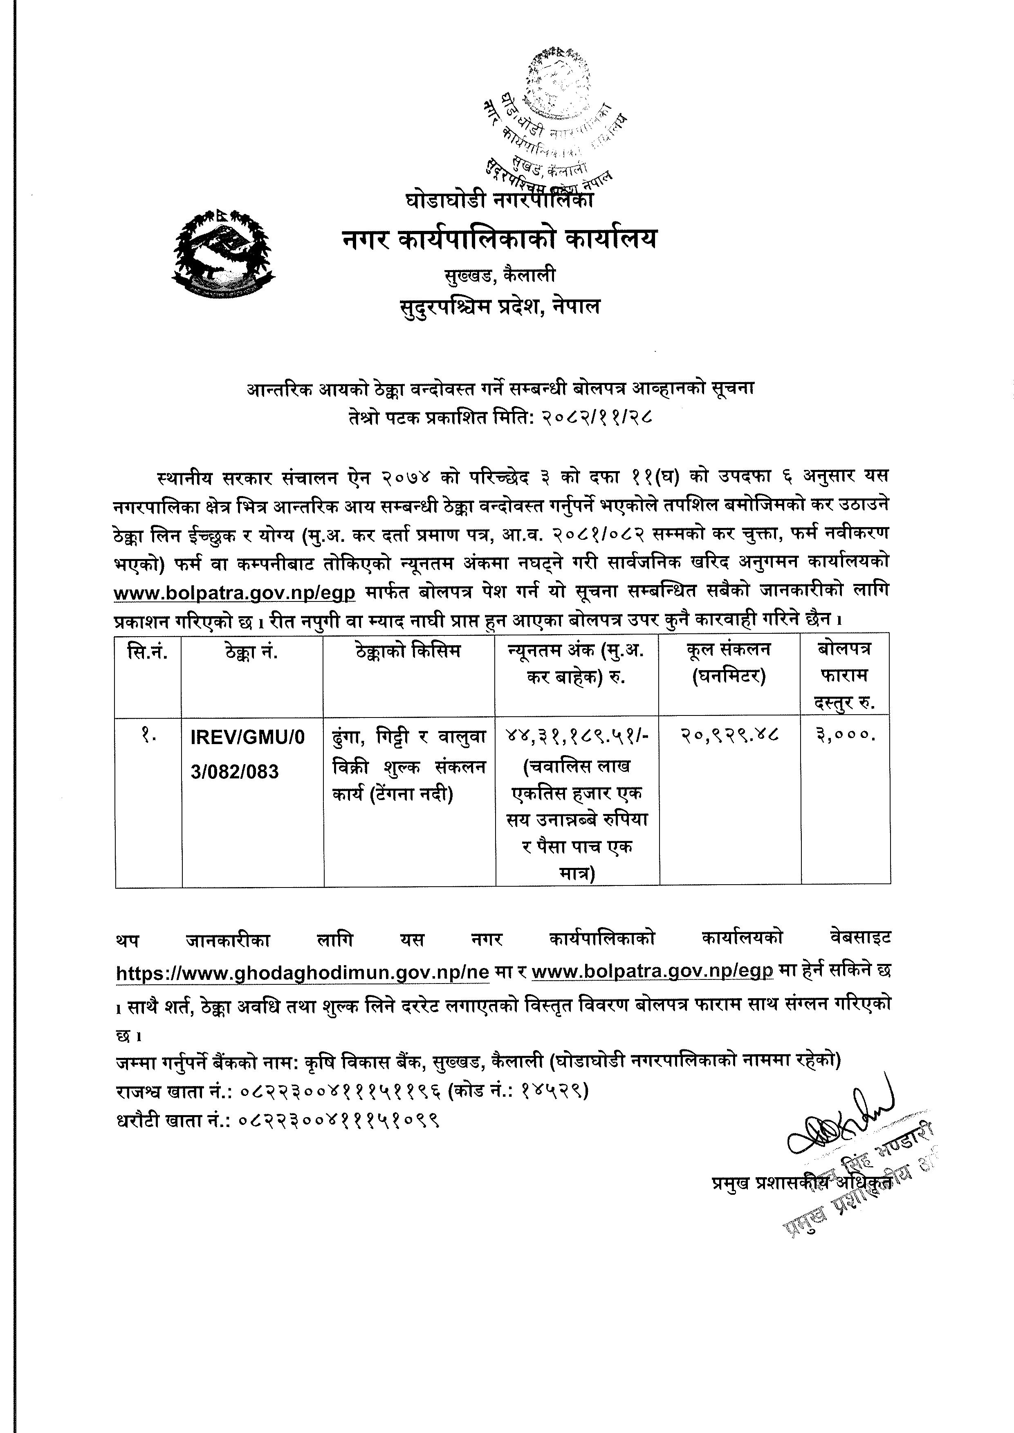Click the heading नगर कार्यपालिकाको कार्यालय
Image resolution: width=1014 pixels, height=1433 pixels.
point(500,239)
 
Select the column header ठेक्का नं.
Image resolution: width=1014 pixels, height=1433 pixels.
point(252,652)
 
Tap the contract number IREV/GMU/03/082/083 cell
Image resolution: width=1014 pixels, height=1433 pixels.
point(248,755)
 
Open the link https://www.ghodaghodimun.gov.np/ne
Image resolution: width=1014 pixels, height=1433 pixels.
point(299,972)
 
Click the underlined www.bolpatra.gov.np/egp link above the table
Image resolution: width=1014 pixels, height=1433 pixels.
point(234,593)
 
